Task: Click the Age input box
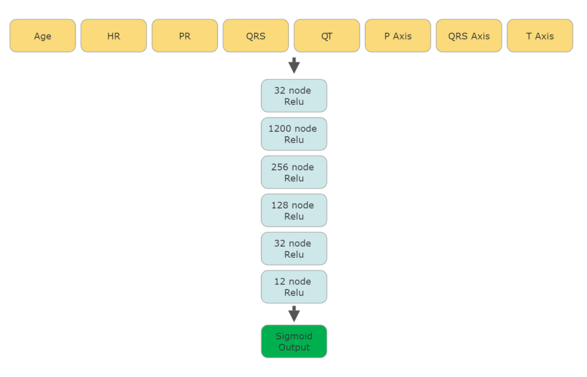pyautogui.click(x=42, y=36)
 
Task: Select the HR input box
pyautogui.click(x=114, y=36)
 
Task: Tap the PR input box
pyautogui.click(x=185, y=36)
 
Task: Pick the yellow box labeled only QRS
pyautogui.click(x=256, y=36)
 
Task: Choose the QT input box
pyautogui.click(x=327, y=36)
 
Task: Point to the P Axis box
pyautogui.click(x=398, y=36)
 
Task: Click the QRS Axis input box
pyautogui.click(x=469, y=36)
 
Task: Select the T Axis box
pyautogui.click(x=540, y=36)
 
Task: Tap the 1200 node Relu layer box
pyautogui.click(x=294, y=134)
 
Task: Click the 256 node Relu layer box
pyautogui.click(x=294, y=172)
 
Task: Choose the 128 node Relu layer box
pyautogui.click(x=294, y=210)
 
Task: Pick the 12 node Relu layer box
pyautogui.click(x=294, y=287)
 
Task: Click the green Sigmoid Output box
pyautogui.click(x=294, y=341)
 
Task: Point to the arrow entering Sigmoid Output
pyautogui.click(x=294, y=314)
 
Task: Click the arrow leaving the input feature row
pyautogui.click(x=294, y=65)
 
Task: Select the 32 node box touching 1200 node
pyautogui.click(x=294, y=96)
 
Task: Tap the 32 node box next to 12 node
pyautogui.click(x=294, y=249)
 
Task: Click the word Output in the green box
pyautogui.click(x=294, y=347)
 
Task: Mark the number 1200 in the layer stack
pyautogui.click(x=280, y=129)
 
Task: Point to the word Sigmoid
pyautogui.click(x=294, y=336)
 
